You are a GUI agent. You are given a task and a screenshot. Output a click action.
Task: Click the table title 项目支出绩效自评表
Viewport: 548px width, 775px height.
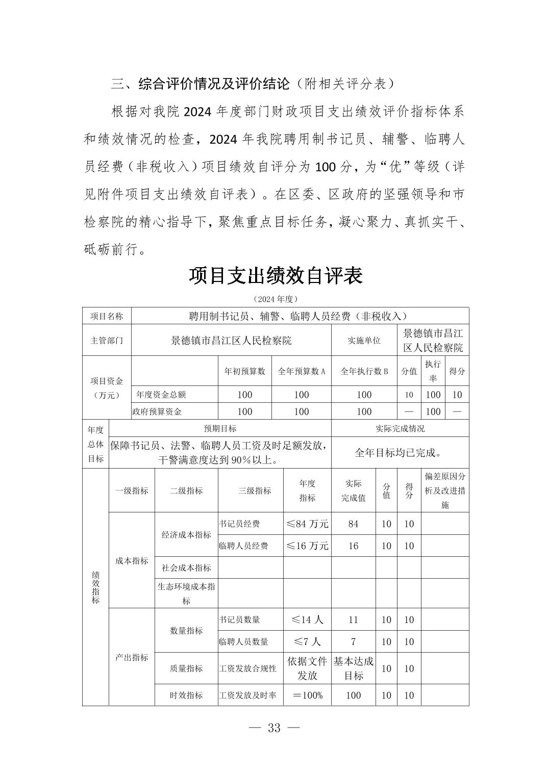click(276, 275)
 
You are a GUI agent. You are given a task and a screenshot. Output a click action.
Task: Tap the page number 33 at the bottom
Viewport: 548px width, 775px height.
click(274, 728)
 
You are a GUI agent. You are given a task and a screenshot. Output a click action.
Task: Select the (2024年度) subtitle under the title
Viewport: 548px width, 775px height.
click(275, 299)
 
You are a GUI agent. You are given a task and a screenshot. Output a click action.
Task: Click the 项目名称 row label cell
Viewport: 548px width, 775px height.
click(107, 316)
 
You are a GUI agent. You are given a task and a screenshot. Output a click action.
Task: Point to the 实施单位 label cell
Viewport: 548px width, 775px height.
click(364, 341)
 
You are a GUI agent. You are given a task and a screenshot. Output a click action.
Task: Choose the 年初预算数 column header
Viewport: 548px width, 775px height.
click(244, 371)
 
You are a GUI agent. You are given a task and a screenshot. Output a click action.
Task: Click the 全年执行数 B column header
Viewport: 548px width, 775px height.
click(364, 371)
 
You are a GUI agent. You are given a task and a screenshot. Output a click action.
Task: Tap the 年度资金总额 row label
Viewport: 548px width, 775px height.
click(161, 394)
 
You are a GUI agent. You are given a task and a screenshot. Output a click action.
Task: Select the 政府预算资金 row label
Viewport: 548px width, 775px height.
click(157, 411)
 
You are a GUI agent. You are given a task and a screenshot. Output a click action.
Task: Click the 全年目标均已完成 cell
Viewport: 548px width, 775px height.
click(398, 452)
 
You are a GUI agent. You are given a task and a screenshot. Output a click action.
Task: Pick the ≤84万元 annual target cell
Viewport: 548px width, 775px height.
click(307, 524)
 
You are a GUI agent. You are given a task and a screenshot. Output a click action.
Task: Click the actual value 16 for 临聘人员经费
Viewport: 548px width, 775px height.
click(353, 546)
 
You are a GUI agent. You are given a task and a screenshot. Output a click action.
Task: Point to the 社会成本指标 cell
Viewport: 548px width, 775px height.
click(186, 567)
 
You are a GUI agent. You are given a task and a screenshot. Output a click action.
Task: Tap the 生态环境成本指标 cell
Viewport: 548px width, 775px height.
click(186, 593)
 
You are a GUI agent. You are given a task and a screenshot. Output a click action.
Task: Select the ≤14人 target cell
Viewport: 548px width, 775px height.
click(307, 619)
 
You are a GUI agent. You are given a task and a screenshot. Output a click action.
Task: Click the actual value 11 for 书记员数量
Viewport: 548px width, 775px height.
click(353, 619)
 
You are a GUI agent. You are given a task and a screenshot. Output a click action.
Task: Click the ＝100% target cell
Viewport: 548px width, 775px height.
click(307, 695)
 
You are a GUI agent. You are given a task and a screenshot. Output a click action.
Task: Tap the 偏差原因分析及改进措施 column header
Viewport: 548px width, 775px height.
click(444, 490)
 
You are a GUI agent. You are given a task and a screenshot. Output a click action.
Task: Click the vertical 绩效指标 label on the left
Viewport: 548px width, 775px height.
click(95, 586)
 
